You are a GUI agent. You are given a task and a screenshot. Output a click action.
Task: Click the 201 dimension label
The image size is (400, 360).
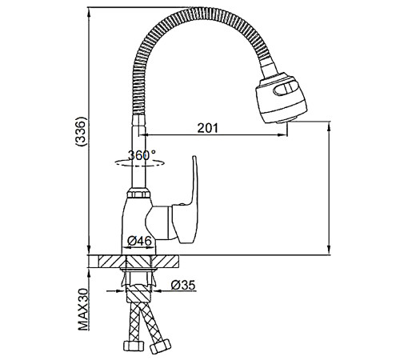click(207, 128)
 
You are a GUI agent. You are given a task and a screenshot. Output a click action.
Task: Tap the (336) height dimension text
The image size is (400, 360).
click(81, 131)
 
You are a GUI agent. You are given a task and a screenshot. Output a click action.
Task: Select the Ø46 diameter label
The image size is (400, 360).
click(139, 241)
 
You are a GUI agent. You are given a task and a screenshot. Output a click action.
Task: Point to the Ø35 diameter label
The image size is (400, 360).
click(183, 285)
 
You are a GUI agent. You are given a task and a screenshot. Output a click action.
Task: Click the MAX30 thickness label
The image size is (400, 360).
click(84, 309)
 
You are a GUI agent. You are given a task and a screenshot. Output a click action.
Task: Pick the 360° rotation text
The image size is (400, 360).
click(142, 155)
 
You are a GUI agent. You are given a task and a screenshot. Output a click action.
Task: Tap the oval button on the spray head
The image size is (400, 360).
click(286, 88)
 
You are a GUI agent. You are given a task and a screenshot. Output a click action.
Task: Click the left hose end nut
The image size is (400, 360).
click(134, 346)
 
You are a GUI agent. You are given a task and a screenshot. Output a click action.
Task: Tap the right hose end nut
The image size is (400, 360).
click(160, 346)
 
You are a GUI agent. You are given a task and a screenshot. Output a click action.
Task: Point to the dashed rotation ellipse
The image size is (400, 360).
click(138, 163)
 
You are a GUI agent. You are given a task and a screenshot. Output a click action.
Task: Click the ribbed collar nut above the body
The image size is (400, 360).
click(138, 193)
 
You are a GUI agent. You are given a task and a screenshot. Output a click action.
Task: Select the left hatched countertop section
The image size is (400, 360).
click(112, 262)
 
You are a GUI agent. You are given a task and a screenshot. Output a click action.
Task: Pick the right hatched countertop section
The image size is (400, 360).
click(166, 262)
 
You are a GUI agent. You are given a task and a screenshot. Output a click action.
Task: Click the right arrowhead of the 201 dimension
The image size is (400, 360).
click(283, 135)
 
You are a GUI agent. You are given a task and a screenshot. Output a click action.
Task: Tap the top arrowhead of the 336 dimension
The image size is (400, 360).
click(89, 11)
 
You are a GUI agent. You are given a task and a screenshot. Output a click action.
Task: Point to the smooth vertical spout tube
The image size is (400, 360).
click(139, 152)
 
